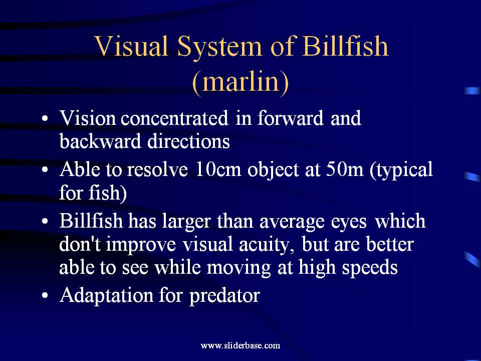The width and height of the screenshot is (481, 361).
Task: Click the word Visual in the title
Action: click(x=131, y=46)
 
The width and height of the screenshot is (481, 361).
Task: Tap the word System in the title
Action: click(x=219, y=48)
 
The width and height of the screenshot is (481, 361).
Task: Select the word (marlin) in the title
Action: click(x=241, y=82)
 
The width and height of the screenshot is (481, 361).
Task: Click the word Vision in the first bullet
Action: click(x=87, y=118)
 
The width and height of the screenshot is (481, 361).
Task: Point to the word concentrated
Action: click(x=174, y=118)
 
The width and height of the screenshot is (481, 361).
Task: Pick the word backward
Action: click(x=100, y=141)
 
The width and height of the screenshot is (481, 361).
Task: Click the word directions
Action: click(x=188, y=141)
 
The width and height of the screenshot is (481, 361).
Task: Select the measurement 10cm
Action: click(x=218, y=169)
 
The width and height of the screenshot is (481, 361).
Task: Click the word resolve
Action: click(x=157, y=169)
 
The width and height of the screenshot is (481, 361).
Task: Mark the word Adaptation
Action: click(x=106, y=296)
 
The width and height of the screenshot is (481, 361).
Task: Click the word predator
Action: click(x=224, y=296)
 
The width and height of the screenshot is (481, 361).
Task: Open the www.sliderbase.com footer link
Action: click(x=240, y=345)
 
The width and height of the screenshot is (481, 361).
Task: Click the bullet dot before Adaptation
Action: click(x=45, y=296)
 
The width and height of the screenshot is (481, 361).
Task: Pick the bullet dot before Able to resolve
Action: click(x=45, y=170)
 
